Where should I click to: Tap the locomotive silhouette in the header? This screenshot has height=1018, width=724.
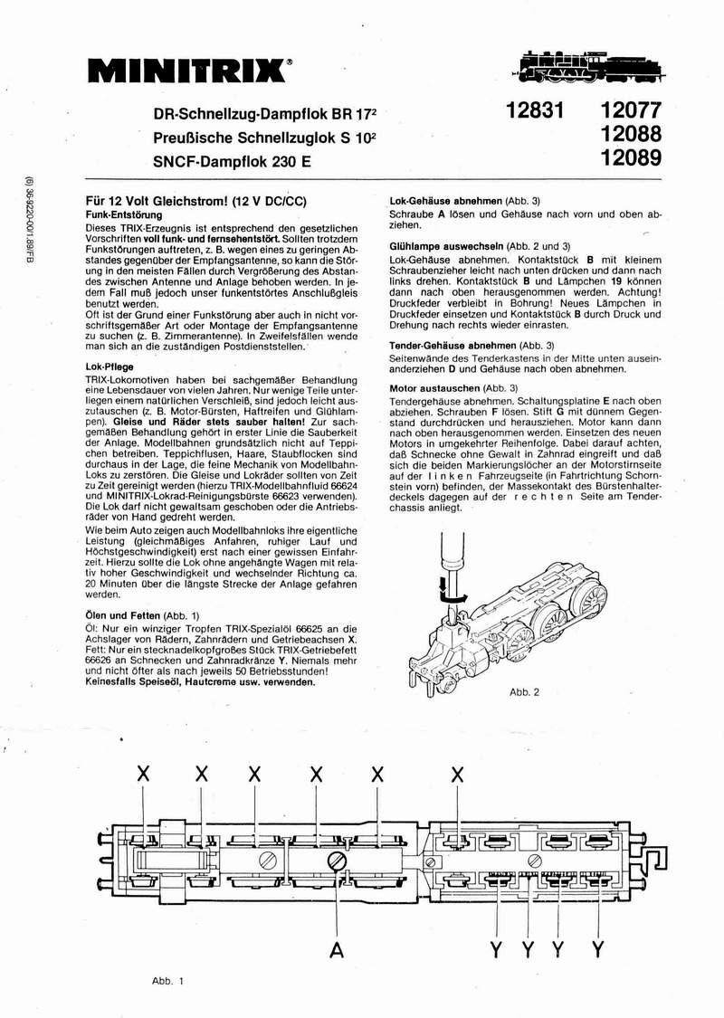593,66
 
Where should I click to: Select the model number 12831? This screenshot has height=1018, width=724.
535,111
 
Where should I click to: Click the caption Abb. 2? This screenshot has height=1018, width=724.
524,692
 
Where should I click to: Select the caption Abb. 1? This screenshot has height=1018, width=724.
167,980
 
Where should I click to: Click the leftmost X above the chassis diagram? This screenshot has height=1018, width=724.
142,773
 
